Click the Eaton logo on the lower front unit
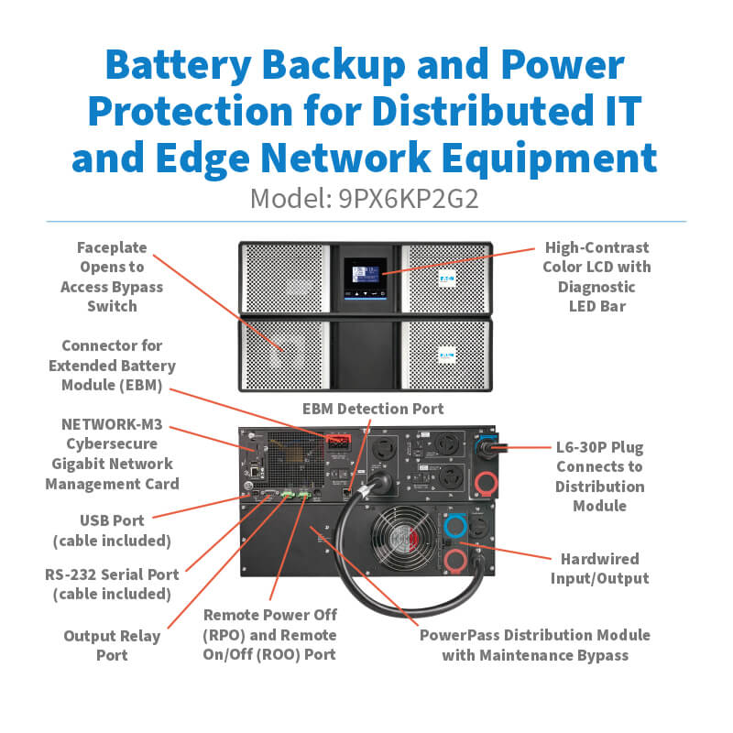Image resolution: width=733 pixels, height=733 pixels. (448, 352)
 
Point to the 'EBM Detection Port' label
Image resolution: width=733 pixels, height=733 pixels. (373, 409)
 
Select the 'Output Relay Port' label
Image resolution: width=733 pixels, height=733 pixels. (112, 645)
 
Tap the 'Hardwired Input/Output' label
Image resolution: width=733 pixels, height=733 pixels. (599, 568)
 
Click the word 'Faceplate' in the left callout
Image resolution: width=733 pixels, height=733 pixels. (112, 247)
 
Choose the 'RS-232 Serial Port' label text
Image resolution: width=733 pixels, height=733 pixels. (112, 574)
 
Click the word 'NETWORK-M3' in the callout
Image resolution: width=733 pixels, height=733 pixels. (112, 424)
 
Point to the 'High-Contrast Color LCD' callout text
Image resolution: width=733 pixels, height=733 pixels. (597, 257)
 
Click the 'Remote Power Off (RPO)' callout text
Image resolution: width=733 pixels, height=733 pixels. (270, 616)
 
